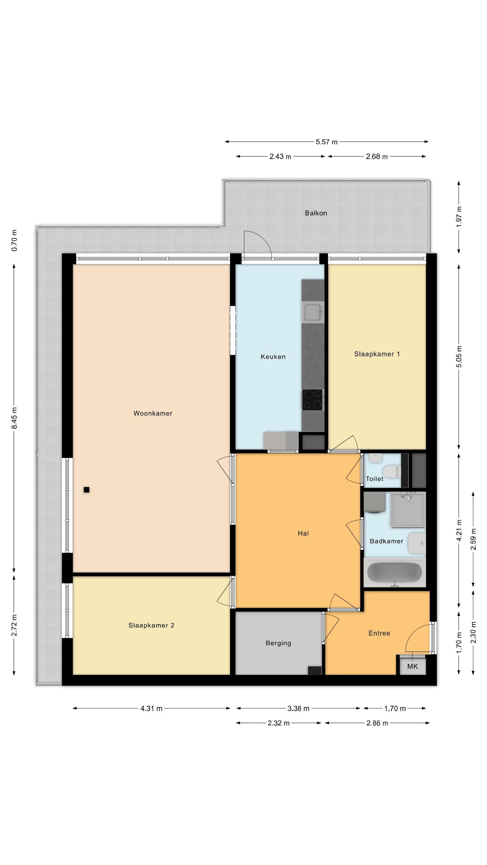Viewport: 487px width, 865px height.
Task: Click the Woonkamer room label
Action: click(153, 413)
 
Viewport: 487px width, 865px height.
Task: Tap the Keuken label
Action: click(273, 357)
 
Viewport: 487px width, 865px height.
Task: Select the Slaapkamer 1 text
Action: click(377, 354)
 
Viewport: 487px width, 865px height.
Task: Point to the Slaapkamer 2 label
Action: click(151, 625)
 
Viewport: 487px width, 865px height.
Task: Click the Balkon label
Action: click(316, 213)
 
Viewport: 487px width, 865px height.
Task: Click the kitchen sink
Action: click(313, 312)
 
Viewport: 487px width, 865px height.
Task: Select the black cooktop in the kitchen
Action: click(312, 400)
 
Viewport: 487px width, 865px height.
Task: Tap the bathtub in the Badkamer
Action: click(395, 573)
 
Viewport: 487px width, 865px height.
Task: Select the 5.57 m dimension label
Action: click(326, 142)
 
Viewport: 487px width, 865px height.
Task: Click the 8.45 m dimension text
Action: click(14, 418)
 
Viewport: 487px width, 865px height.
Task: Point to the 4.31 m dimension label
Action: click(151, 708)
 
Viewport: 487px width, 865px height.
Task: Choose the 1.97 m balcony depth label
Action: click(459, 217)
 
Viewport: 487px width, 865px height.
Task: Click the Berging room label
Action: click(278, 643)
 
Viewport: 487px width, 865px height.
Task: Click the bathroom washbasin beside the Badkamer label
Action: click(417, 543)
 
